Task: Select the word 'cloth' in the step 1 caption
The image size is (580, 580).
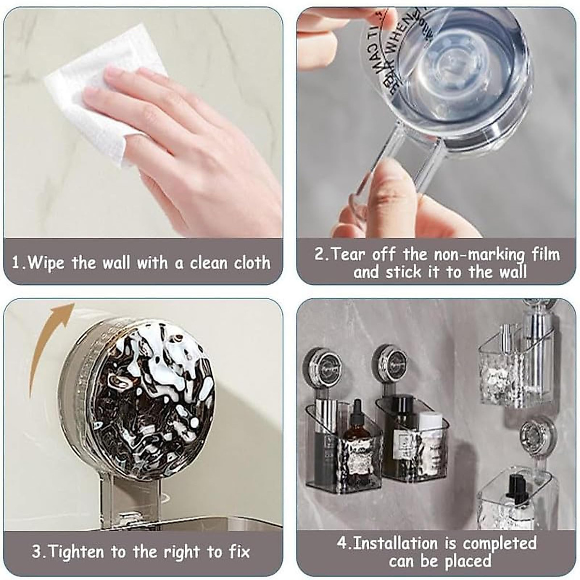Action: coord(252,263)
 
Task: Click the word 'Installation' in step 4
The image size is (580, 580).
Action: coord(404,543)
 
